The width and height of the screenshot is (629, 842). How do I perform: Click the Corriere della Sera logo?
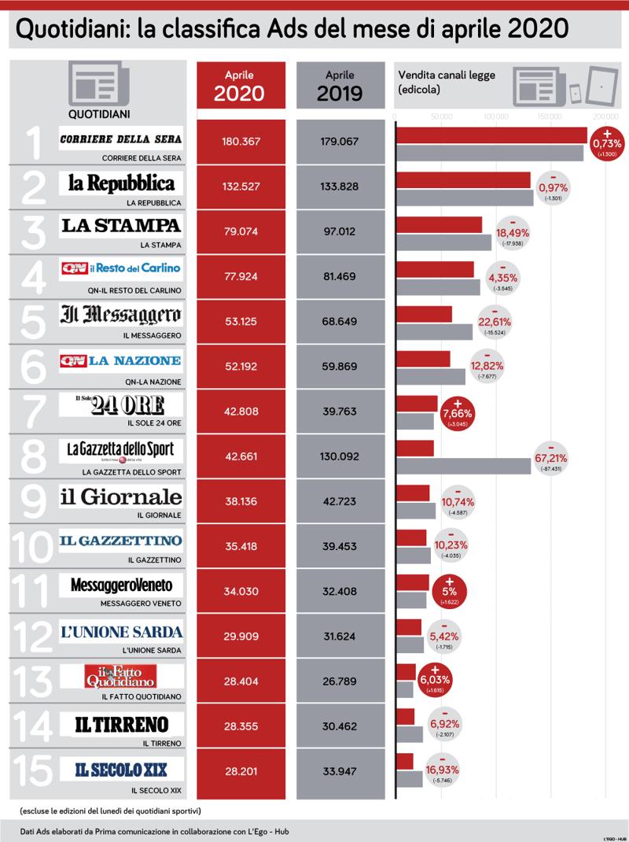click(121, 139)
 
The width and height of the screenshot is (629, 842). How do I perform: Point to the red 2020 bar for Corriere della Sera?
click(491, 135)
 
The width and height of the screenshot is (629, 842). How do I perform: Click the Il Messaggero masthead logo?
click(121, 316)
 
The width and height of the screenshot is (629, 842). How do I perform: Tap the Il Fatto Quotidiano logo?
click(121, 676)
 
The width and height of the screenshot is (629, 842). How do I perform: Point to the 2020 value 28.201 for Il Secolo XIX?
click(241, 770)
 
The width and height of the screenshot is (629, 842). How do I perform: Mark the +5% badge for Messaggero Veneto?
click(449, 590)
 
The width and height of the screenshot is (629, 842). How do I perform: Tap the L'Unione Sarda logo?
click(121, 631)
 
